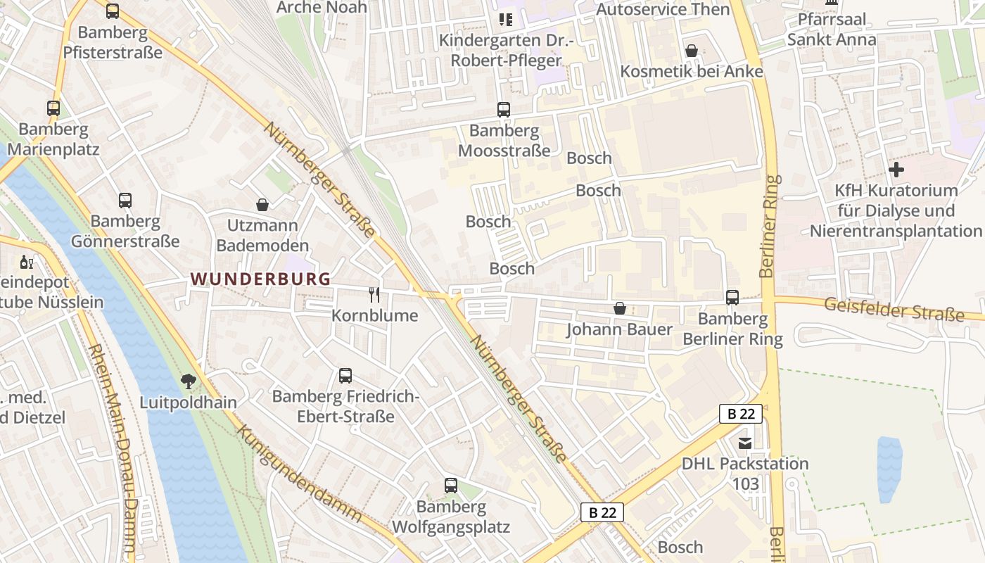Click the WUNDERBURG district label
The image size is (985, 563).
click(x=260, y=279)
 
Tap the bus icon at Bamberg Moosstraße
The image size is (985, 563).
click(x=504, y=109)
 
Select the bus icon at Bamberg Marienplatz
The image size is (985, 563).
click(x=53, y=108)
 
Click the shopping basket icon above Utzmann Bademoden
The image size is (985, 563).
click(x=262, y=205)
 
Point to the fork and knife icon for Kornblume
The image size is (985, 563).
click(x=374, y=294)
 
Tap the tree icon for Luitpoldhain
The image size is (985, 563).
click(x=188, y=381)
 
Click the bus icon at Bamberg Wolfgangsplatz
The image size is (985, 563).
click(x=451, y=485)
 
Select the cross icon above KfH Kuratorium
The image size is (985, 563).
click(x=896, y=170)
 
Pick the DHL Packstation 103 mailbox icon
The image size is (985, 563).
click(x=744, y=443)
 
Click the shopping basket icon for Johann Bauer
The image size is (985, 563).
click(x=620, y=308)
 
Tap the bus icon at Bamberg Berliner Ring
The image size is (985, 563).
click(x=732, y=298)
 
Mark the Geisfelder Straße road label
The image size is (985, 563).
click(x=893, y=309)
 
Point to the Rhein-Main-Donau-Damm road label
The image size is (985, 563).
click(x=113, y=447)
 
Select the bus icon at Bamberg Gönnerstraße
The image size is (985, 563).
click(x=125, y=200)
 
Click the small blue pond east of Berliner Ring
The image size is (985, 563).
click(x=889, y=468)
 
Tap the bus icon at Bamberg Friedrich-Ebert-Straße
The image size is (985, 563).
click(x=345, y=375)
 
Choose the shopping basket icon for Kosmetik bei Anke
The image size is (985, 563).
click(x=692, y=51)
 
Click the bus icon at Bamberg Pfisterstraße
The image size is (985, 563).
click(x=113, y=11)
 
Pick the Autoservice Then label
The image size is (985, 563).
click(x=663, y=9)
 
